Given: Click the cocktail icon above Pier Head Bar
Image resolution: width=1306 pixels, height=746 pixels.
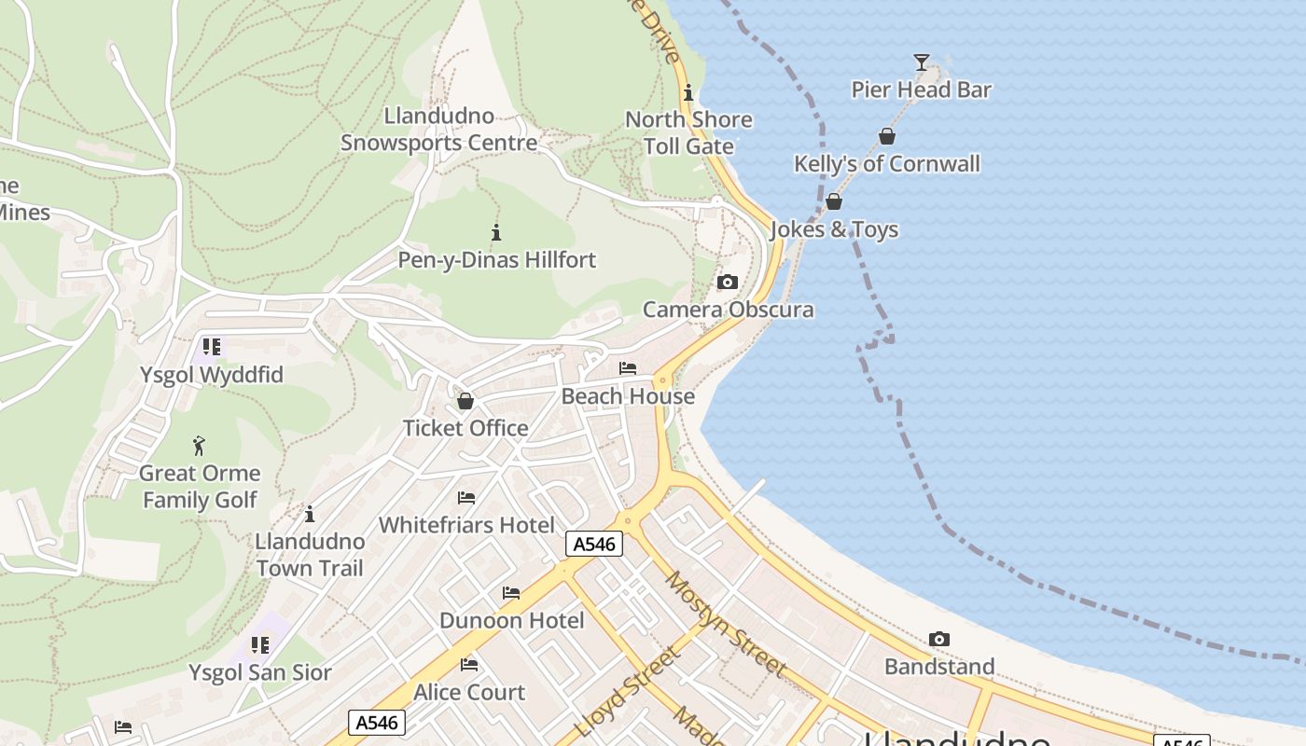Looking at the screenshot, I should [922, 62].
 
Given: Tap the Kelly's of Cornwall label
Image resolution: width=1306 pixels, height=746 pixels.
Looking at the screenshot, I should [886, 164].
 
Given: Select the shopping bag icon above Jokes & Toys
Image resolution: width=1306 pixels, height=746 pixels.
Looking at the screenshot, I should [834, 201].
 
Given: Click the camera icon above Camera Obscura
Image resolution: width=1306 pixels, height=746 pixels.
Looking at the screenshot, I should [728, 283].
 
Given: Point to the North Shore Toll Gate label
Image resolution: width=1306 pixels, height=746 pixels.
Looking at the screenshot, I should [688, 133].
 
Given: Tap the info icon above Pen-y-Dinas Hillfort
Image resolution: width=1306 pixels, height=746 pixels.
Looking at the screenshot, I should [496, 232].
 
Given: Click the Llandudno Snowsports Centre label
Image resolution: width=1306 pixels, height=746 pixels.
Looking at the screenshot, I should [438, 130].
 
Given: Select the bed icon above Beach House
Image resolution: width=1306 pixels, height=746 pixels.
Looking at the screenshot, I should [628, 368].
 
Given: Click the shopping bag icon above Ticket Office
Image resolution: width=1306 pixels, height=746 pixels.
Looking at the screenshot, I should [465, 401].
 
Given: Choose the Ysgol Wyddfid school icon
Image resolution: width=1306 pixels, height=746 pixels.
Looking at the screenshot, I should [212, 347].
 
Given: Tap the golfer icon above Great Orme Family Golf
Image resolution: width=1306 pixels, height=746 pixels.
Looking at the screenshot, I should [199, 446].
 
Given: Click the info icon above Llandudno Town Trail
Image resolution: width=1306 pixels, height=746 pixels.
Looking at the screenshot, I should [310, 514].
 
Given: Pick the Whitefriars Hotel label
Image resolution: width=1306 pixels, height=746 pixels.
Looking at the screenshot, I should [466, 525].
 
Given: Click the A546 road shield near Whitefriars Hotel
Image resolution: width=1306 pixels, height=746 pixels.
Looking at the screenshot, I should [593, 544].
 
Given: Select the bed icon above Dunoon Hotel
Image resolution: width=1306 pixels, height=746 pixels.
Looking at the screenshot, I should [511, 593].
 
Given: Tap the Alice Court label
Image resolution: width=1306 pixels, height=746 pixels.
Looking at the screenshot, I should [469, 693].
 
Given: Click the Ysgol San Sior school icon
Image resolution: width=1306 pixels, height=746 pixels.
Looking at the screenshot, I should [260, 645].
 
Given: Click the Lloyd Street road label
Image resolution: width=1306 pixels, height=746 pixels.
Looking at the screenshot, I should [628, 691].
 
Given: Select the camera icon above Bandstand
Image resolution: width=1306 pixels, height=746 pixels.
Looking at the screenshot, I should [939, 640].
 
